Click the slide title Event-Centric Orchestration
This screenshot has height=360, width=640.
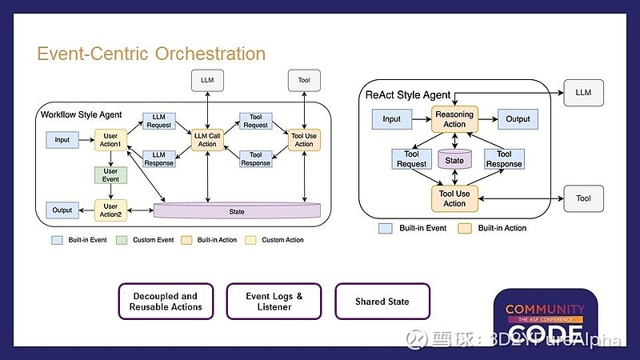151,54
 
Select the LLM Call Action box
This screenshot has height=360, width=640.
208,139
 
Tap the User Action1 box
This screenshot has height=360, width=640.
110,140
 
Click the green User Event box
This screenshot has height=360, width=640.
110,175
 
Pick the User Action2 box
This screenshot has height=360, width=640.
110,210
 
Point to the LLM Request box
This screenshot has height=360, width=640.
158,121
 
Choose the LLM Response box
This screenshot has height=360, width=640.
158,158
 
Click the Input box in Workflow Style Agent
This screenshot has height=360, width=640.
62,140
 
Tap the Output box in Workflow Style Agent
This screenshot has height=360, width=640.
62,210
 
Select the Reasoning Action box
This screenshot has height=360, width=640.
454,119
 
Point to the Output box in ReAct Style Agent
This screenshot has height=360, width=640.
518,119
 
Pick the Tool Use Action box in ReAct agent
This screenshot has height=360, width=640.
454,198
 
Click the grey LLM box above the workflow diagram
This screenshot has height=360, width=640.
208,80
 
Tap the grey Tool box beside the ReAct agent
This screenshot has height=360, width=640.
583,198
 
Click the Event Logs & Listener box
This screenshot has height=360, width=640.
274,302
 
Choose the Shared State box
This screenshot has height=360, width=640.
382,302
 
